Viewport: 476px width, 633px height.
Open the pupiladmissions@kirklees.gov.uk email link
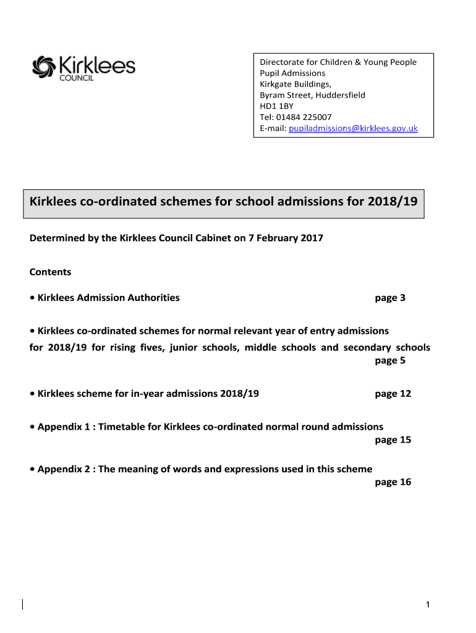[x=353, y=128]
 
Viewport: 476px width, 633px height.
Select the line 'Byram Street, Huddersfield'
[x=312, y=95]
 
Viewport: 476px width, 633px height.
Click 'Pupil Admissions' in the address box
[x=292, y=73]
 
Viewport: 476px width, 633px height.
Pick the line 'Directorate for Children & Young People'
[x=338, y=62]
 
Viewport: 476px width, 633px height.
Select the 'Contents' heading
[x=50, y=272]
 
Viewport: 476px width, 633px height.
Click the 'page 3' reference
[x=390, y=298]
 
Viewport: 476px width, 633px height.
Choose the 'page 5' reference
[x=390, y=360]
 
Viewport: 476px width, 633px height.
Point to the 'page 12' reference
[x=393, y=394]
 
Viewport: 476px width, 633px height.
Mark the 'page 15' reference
[x=393, y=440]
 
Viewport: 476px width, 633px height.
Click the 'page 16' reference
[x=393, y=482]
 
